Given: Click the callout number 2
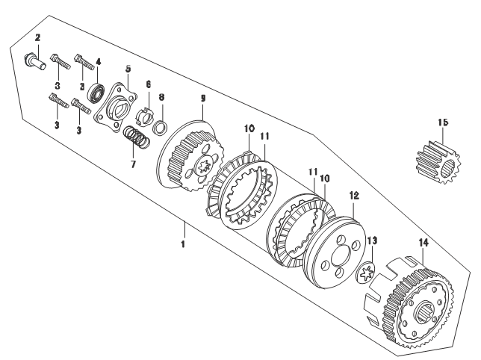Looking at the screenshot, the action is pyautogui.click(x=37, y=38).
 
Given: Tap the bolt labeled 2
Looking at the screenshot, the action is pyautogui.click(x=34, y=62).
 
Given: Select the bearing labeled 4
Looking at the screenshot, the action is pyautogui.click(x=96, y=92).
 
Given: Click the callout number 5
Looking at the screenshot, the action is pyautogui.click(x=128, y=69).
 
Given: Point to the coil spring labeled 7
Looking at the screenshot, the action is pyautogui.click(x=136, y=137).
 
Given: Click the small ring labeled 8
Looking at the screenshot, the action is pyautogui.click(x=161, y=128).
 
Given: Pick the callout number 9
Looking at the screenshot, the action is pyautogui.click(x=202, y=98).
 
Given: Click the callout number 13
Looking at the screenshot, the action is pyautogui.click(x=372, y=241).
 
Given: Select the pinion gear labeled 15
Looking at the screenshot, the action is pyautogui.click(x=438, y=162).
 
